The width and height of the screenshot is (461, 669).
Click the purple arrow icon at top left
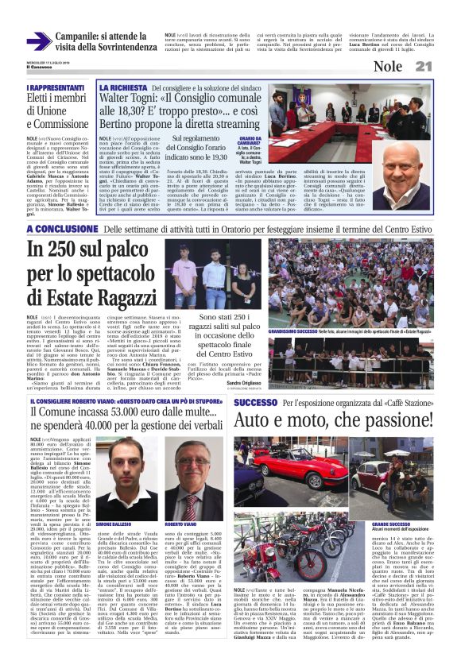39,42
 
